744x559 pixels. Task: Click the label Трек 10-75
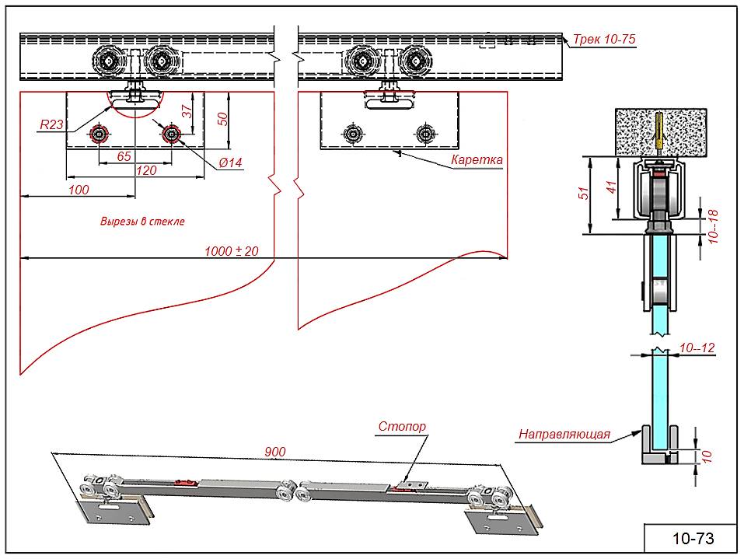point(605,38)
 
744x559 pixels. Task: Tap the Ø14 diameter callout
point(231,162)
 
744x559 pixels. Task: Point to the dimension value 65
point(124,156)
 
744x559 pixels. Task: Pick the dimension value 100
point(79,189)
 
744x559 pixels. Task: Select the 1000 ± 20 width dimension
point(231,250)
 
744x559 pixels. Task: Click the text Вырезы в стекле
point(142,221)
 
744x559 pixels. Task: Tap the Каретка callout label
point(477,161)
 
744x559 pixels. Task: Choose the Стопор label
point(402,426)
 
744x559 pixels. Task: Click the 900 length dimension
point(275,452)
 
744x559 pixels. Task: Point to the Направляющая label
point(564,435)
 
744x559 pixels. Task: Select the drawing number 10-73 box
point(691,538)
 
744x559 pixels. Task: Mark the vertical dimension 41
point(612,187)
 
